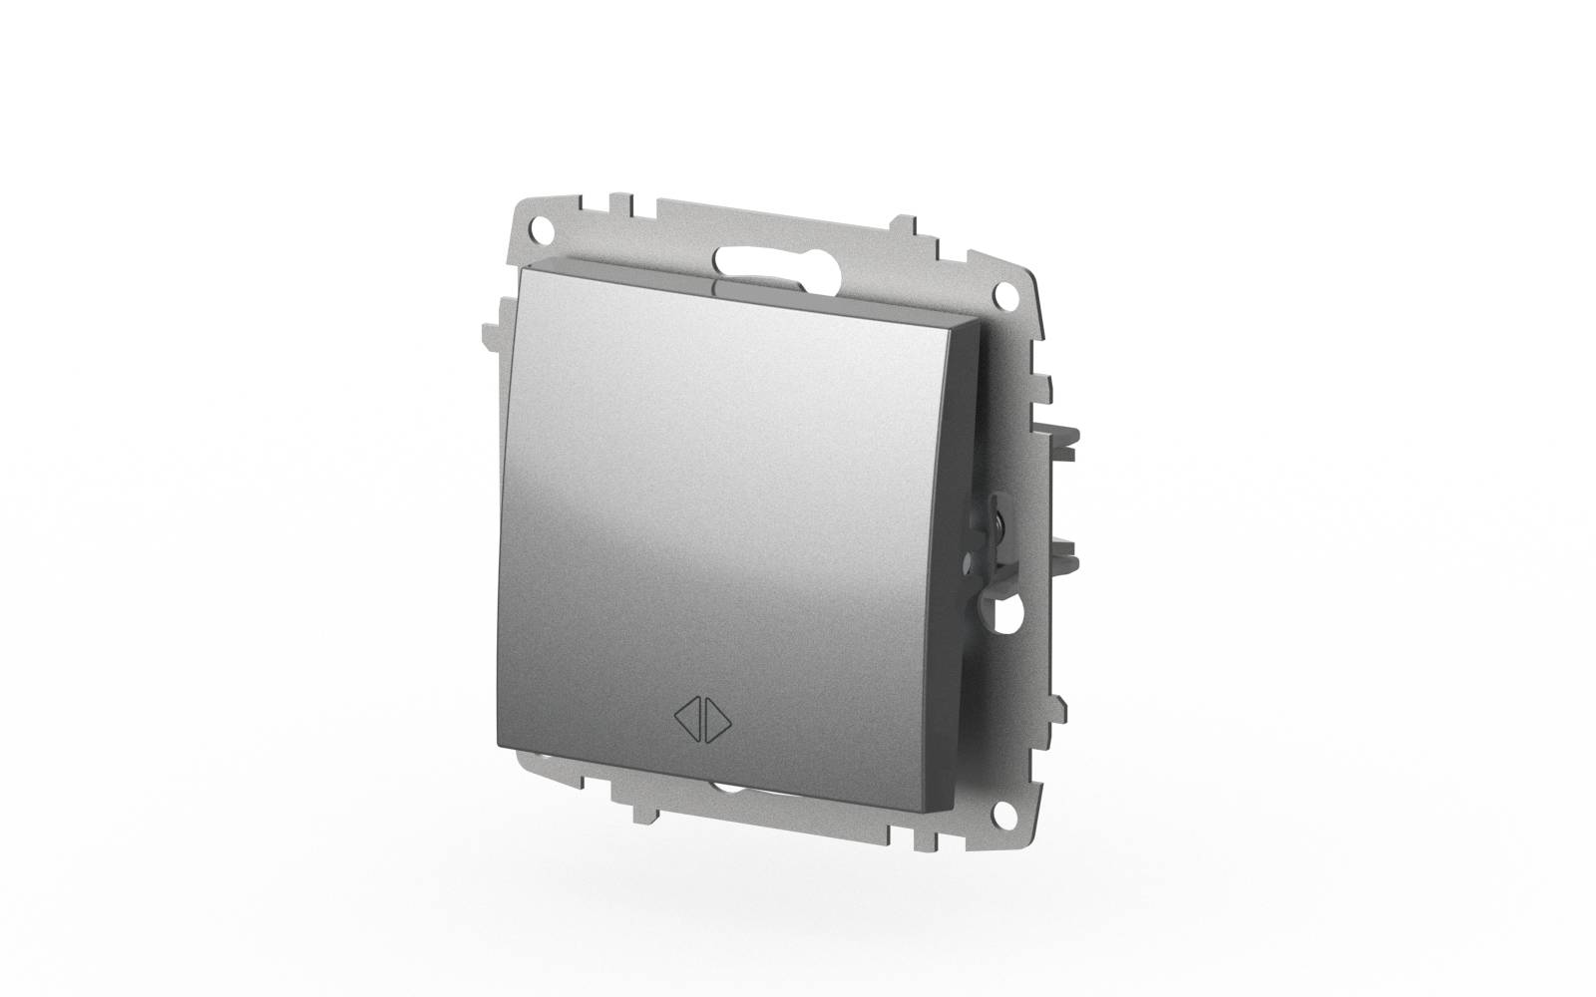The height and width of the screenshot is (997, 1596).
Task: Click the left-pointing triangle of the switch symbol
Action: pos(691,718)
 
